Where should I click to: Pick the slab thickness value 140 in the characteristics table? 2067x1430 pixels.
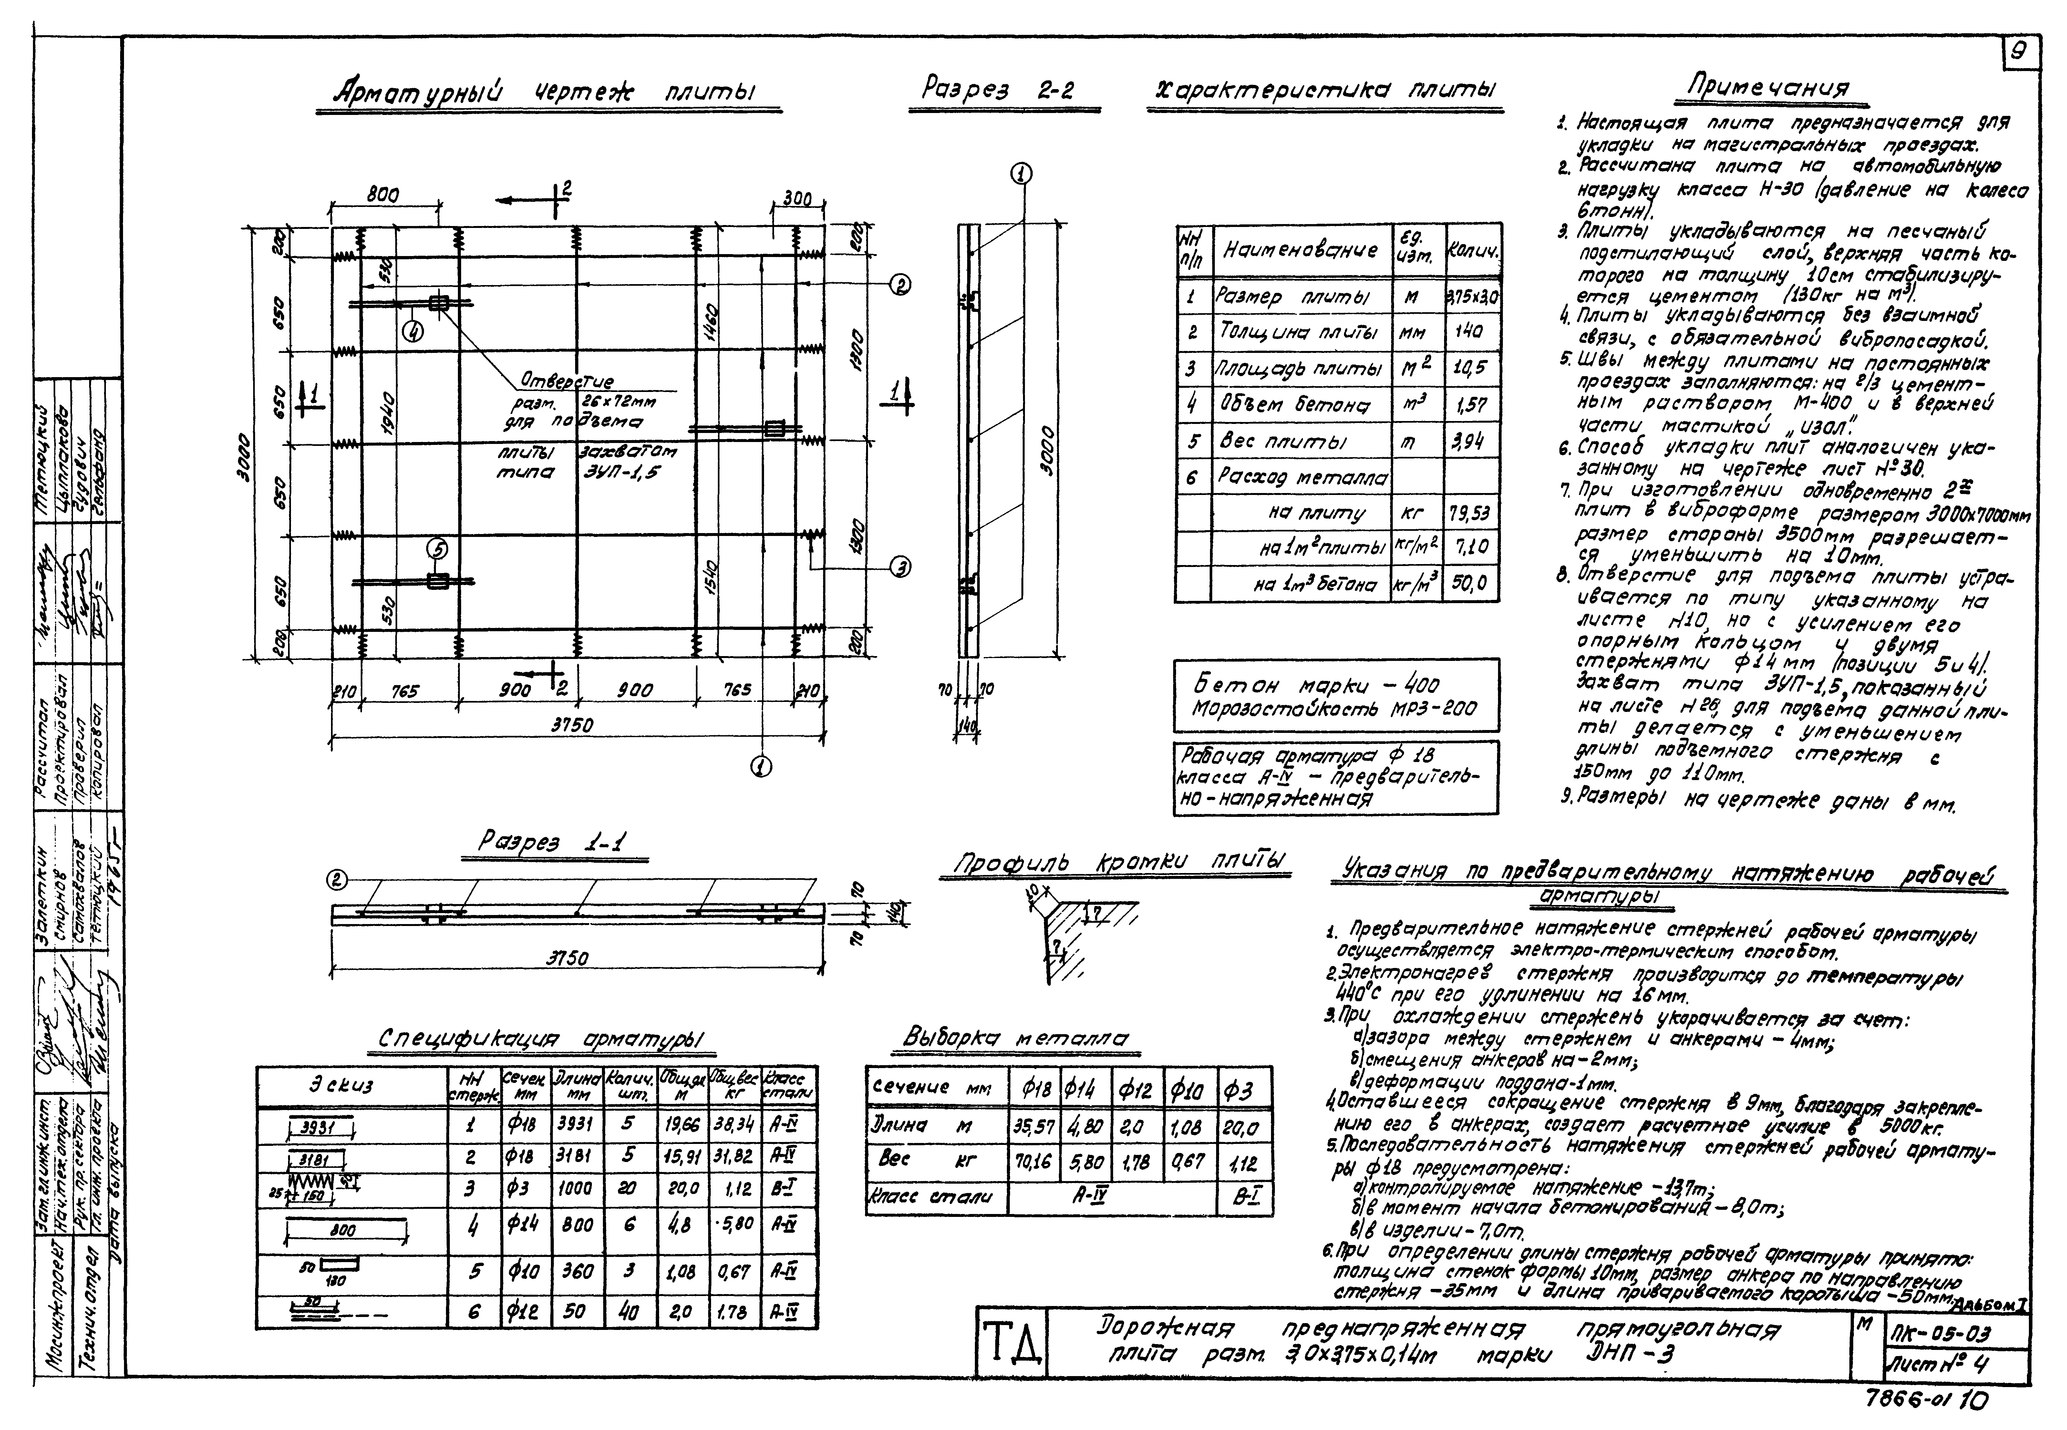(1469, 332)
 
